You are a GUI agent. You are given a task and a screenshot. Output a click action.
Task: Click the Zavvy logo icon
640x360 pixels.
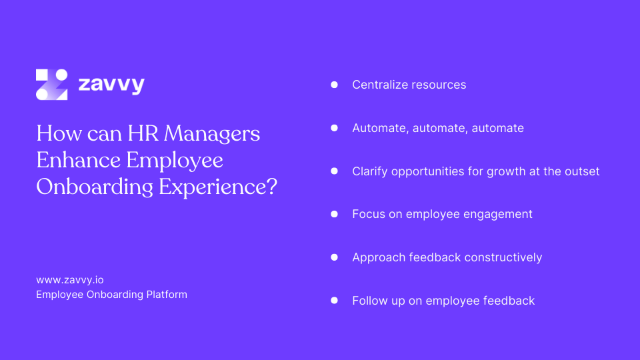(x=51, y=85)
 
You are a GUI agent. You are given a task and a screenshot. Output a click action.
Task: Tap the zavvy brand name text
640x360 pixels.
(x=111, y=85)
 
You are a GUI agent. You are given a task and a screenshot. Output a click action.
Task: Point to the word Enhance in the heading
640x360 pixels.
(x=78, y=161)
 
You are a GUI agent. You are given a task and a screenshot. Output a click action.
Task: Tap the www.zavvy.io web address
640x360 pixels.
(x=69, y=280)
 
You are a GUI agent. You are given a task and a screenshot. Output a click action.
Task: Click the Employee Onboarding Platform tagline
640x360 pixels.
(x=111, y=294)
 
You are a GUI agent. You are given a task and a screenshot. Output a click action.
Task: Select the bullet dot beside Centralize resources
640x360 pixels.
(x=335, y=85)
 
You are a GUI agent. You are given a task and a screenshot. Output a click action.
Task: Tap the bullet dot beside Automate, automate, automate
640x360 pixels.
(x=335, y=128)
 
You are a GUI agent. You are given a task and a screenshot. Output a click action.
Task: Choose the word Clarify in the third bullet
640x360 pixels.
(x=369, y=171)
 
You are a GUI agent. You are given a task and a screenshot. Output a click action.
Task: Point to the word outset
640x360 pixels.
(x=581, y=171)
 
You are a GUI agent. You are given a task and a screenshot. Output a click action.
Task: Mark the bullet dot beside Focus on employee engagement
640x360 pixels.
(x=335, y=214)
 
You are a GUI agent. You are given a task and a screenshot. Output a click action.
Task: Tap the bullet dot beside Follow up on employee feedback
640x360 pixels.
(x=335, y=301)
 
